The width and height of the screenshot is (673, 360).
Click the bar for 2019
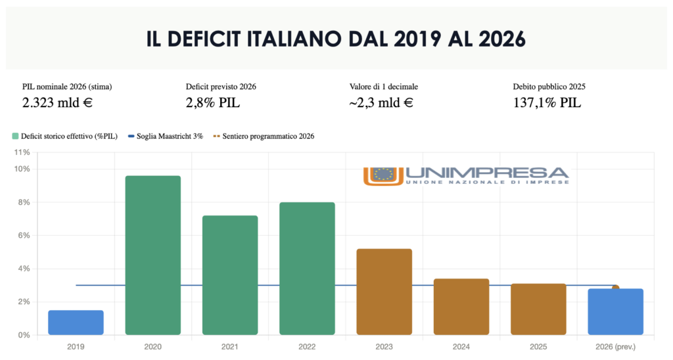click(76, 323)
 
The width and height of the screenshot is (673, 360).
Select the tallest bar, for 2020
click(152, 256)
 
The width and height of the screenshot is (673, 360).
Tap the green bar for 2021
click(229, 275)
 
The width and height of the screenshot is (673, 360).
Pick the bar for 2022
click(307, 269)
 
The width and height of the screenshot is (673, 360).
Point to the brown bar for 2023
click(384, 292)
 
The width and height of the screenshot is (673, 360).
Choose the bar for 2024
click(461, 307)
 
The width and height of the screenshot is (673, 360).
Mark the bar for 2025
click(538, 309)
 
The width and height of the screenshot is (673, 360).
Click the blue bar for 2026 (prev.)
click(615, 312)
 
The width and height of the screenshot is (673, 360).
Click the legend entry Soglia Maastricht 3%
click(170, 136)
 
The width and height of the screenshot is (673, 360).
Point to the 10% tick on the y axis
click(23, 169)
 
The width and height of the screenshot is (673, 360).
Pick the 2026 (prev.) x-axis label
click(615, 346)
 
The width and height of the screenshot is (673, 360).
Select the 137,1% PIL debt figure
click(547, 102)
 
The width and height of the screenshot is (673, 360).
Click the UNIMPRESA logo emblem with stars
click(383, 175)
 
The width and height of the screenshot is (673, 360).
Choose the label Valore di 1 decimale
click(384, 86)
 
